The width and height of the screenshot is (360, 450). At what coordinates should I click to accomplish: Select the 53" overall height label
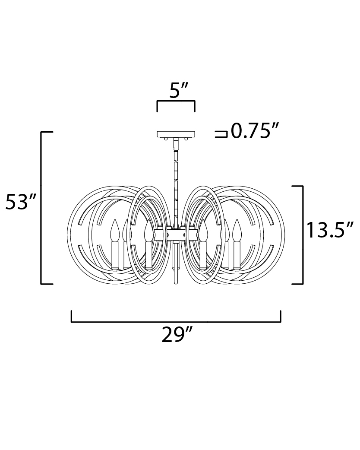pos(21,202)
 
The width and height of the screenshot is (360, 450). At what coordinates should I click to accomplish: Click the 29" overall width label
pos(176,335)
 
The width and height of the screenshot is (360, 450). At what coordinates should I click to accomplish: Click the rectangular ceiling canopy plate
pos(176,134)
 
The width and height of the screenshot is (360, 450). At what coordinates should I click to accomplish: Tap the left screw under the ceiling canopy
pos(166,139)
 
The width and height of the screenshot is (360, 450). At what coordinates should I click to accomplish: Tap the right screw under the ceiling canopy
pos(186,139)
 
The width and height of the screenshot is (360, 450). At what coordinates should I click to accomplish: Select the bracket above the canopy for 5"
pos(176,101)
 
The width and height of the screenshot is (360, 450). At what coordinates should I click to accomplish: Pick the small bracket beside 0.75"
pos(221,134)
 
